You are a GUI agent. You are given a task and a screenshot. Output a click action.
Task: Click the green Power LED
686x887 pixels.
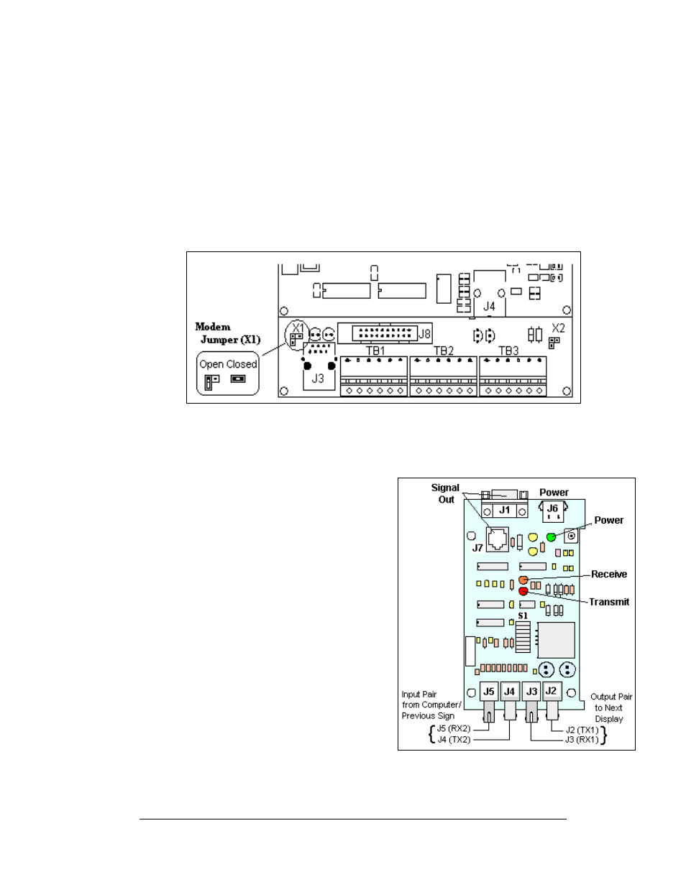[x=552, y=537]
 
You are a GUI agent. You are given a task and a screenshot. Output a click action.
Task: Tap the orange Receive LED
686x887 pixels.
[x=523, y=580]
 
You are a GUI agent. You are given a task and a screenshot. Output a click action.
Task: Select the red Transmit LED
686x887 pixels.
[x=523, y=591]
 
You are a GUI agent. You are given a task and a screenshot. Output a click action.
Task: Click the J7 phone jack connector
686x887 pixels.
[x=497, y=537]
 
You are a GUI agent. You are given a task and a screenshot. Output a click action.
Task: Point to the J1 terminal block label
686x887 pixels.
[x=505, y=510]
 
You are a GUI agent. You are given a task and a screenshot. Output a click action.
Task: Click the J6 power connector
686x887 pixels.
[x=552, y=509]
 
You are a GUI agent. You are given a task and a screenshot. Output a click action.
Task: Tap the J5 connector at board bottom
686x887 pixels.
[x=489, y=692]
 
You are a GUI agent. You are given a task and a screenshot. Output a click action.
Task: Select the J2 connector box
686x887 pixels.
[x=551, y=691]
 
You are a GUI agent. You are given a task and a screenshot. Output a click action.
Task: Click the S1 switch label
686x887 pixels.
[x=523, y=616]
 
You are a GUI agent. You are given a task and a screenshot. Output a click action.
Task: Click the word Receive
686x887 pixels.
[x=608, y=574]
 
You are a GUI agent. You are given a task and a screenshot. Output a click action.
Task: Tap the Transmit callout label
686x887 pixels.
[x=608, y=602]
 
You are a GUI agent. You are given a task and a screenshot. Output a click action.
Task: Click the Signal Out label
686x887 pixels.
[x=445, y=493]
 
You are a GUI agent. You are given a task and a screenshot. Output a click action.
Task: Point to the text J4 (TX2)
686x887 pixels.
[x=453, y=740]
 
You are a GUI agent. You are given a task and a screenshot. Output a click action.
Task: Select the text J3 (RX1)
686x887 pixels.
[x=581, y=740]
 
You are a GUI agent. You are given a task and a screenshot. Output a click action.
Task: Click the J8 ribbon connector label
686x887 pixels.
[x=425, y=334]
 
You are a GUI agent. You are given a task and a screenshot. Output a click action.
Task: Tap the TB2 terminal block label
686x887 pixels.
[x=444, y=351]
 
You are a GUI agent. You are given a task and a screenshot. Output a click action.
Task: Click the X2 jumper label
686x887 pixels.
[x=558, y=328]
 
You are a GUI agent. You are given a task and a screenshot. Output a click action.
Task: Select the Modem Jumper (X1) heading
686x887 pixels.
[x=227, y=333]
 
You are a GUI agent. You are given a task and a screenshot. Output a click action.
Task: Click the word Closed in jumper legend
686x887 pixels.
[x=243, y=364]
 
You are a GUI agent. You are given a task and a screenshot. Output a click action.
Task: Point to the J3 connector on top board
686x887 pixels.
[x=318, y=378]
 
